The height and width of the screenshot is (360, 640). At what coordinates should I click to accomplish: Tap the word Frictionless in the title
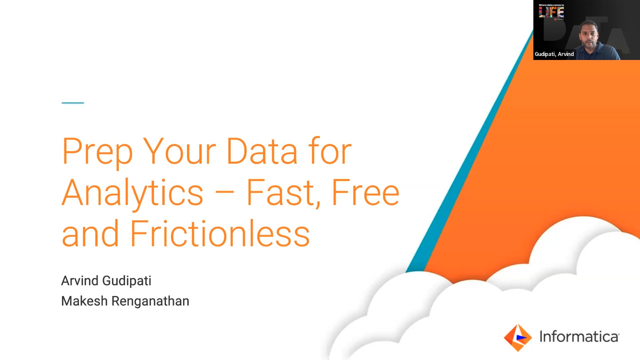coord(220,233)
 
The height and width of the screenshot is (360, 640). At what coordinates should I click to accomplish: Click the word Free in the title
coord(365,192)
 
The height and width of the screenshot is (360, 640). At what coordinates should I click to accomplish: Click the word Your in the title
coord(179,151)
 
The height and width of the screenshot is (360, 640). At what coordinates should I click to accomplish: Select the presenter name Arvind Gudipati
coord(106,281)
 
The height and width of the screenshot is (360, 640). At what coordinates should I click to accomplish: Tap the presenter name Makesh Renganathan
coord(125,301)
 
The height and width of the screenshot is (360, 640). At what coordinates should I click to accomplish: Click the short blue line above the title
coord(73,102)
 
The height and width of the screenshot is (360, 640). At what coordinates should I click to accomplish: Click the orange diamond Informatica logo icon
coord(517,337)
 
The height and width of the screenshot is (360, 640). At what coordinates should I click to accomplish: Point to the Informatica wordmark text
coord(579,336)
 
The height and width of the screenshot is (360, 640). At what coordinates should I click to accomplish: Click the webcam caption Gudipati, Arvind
coord(554,54)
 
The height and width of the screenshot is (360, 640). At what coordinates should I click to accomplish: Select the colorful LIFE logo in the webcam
coord(551,12)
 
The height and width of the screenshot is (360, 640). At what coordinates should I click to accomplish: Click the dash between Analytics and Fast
coord(224,193)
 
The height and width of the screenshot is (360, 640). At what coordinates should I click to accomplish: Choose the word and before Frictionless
coord(90,233)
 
